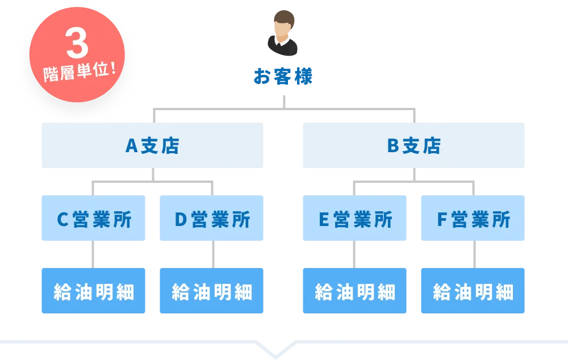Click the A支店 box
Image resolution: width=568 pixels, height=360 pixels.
pos(152,145)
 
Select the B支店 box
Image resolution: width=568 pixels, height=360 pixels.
pos(413,145)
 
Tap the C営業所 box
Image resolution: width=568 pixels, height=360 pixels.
pos(93,219)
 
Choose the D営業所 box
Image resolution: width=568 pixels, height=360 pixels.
pos(211,219)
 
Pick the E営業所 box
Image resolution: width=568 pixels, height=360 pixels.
pos(354,219)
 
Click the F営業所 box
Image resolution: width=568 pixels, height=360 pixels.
pos(473,219)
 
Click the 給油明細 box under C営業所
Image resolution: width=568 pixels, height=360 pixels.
pos(93,291)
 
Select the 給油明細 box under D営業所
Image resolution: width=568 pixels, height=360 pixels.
pos(211,291)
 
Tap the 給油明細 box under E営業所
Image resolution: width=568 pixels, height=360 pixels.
pos(354,291)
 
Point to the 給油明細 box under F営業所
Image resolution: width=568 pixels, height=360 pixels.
pos(473,291)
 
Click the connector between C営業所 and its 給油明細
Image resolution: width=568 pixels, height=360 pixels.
pos(93,254)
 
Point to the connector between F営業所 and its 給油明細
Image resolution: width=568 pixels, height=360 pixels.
pos(473,254)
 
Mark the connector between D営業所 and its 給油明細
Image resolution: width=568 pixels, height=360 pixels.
pos(214,254)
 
